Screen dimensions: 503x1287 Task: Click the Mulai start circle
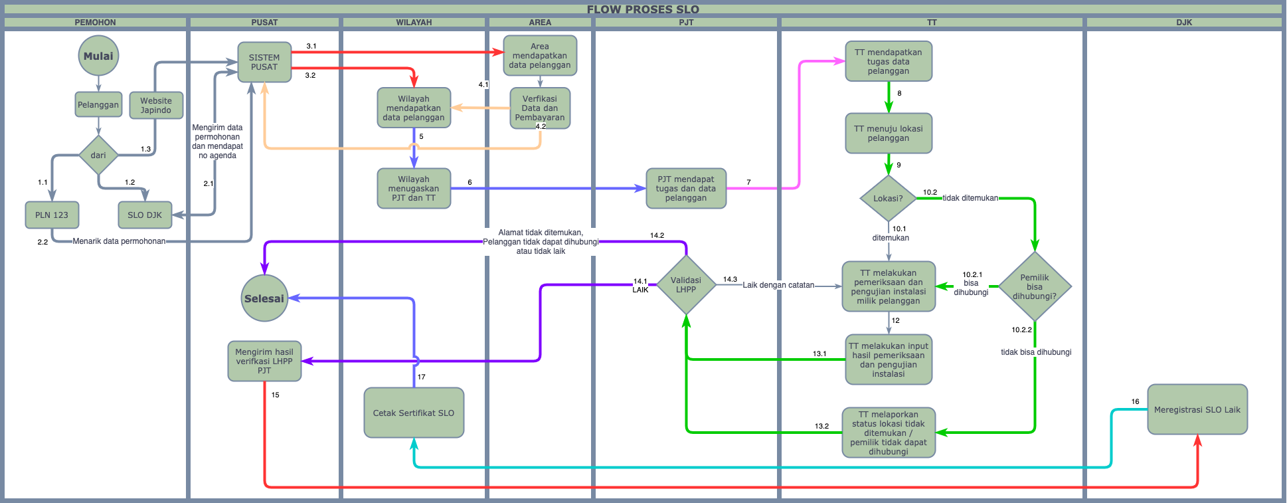[x=98, y=56]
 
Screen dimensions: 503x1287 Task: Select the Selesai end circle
[x=264, y=298]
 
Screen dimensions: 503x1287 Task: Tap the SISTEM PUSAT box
[x=264, y=62]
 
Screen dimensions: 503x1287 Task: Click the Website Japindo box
[x=156, y=106]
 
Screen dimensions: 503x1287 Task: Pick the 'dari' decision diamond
[x=98, y=155]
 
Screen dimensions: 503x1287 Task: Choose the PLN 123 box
[x=52, y=215]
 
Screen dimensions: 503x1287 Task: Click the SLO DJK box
[x=145, y=215]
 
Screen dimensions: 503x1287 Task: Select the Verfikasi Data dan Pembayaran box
[x=540, y=108]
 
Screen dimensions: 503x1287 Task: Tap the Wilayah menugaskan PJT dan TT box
[x=414, y=189]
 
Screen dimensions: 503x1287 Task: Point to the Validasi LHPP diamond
[x=686, y=285]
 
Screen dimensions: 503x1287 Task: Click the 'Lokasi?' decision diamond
[x=888, y=198]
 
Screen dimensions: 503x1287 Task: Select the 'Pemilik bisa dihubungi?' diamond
[x=1035, y=287]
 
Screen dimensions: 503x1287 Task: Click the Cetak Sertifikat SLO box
[x=414, y=413]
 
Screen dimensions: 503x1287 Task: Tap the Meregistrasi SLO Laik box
[x=1197, y=409]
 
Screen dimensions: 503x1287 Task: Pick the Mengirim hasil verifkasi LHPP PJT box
[x=264, y=361]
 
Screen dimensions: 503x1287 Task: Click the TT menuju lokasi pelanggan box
[x=889, y=134]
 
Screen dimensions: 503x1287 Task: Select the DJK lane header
[x=1184, y=23]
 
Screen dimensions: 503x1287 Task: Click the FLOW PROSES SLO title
[x=643, y=9]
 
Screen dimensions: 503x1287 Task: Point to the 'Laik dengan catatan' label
[x=778, y=285]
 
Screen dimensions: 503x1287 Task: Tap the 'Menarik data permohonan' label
[x=120, y=241]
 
